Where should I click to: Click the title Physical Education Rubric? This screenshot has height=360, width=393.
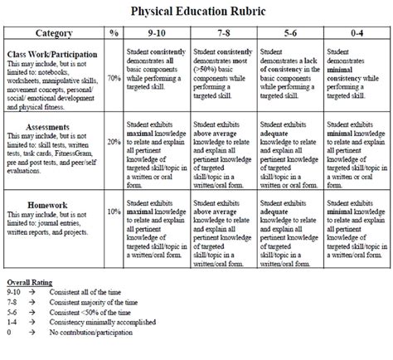click(196, 12)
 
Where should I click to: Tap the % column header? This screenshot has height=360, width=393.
click(114, 34)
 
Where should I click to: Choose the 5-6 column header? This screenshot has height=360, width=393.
click(289, 34)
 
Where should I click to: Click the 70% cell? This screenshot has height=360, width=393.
click(114, 79)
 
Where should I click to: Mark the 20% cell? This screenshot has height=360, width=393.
click(114, 141)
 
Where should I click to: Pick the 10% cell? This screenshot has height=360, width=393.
click(114, 212)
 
